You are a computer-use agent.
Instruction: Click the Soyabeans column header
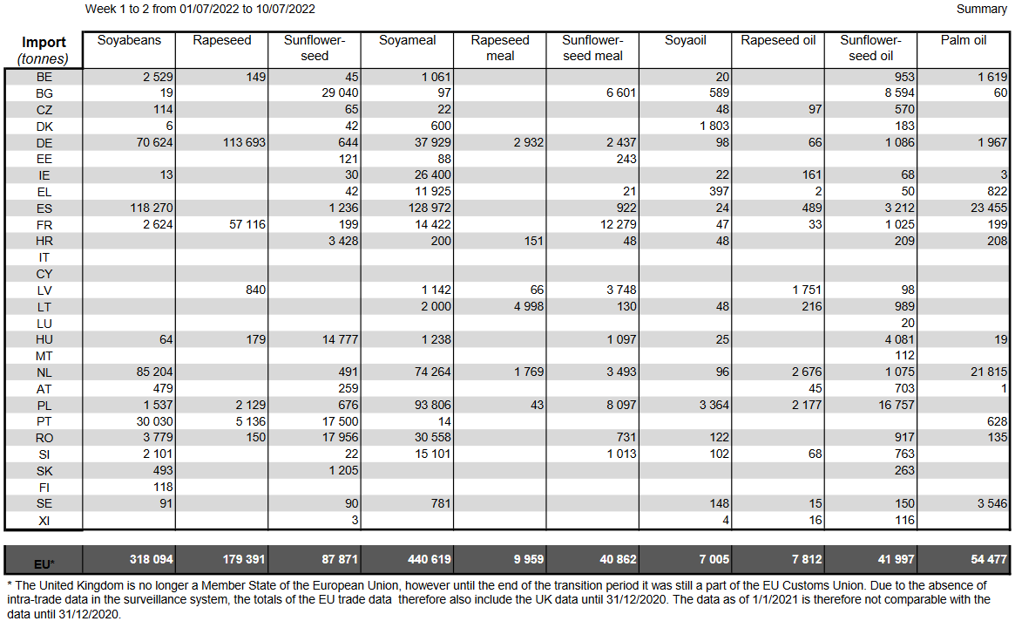click(x=128, y=40)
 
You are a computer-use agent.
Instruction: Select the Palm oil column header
click(x=963, y=40)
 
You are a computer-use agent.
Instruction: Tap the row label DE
click(x=44, y=142)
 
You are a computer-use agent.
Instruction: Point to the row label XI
click(x=44, y=520)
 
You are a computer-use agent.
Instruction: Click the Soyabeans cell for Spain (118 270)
click(x=146, y=208)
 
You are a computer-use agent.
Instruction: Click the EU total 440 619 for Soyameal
click(x=425, y=558)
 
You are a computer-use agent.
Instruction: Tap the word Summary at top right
click(x=981, y=9)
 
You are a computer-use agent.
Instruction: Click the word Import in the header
click(x=44, y=43)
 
